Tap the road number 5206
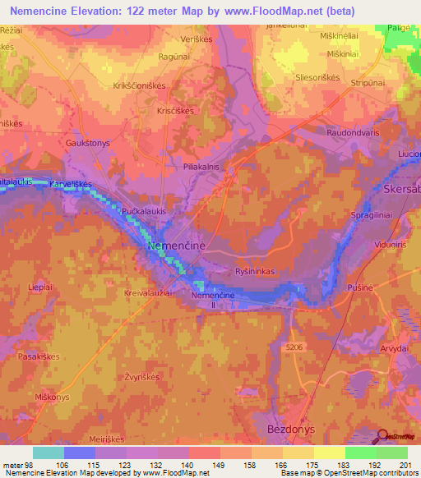(x=295, y=347)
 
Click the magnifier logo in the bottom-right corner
(x=382, y=436)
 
